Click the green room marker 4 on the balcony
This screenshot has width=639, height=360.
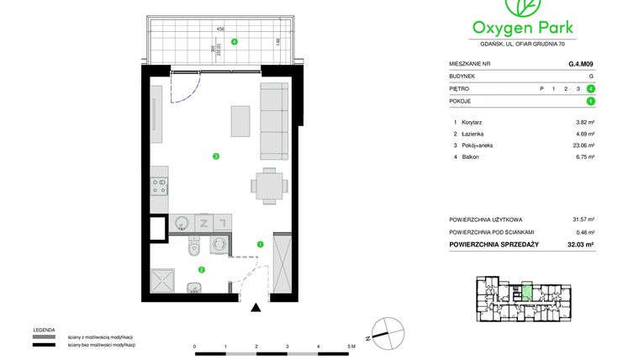(x=235, y=41)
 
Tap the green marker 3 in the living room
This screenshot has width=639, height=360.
(x=216, y=156)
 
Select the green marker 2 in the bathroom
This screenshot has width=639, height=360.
(x=202, y=269)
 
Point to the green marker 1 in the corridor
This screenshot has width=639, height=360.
(x=260, y=245)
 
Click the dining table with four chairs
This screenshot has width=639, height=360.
(x=268, y=185)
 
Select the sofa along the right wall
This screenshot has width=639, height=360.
(x=272, y=121)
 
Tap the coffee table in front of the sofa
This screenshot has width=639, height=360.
(x=240, y=121)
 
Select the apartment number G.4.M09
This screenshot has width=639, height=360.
(x=581, y=61)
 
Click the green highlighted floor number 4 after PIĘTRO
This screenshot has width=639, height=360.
(x=592, y=88)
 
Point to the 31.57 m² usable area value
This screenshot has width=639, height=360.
(x=584, y=220)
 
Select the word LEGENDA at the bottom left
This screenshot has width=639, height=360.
(x=44, y=330)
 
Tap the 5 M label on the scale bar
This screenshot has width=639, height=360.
(x=351, y=346)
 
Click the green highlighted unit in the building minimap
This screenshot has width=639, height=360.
(x=525, y=294)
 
